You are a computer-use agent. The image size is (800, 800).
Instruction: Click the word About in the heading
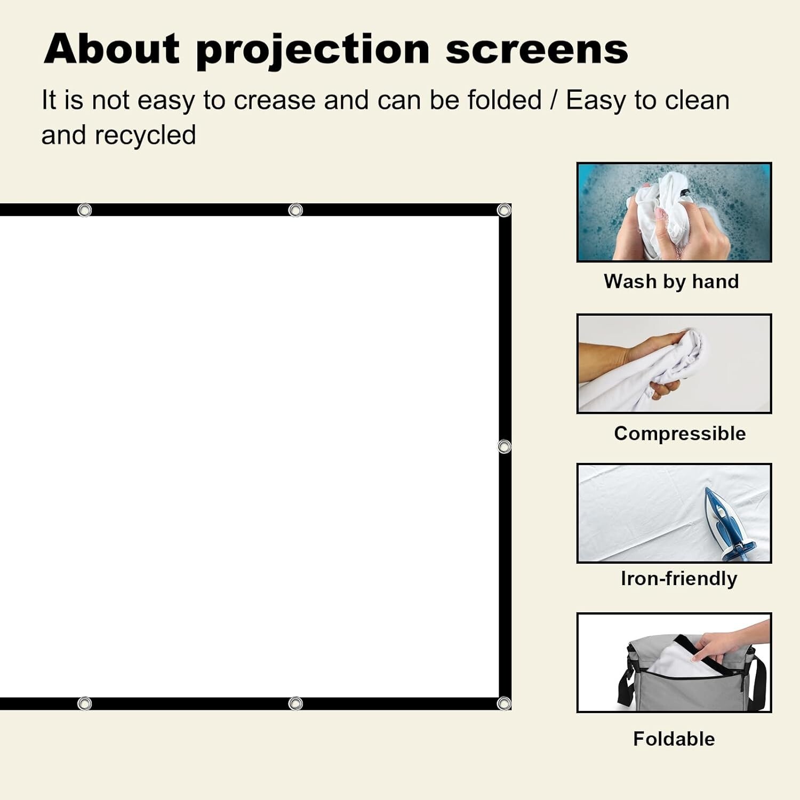113,49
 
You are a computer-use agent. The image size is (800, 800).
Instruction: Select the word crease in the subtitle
275,100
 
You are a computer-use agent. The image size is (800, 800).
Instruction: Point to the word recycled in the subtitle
145,135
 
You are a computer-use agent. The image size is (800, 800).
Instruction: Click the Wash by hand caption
671,281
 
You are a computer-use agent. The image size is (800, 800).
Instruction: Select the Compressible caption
679,433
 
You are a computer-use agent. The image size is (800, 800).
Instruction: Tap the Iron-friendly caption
679,578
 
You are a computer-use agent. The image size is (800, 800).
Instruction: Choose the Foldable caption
674,739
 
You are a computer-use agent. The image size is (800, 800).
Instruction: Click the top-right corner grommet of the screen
504,210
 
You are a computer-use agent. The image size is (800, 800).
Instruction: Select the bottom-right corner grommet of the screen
504,703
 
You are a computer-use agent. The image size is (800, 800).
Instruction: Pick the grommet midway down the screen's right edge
504,446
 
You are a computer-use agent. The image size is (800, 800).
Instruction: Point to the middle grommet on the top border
295,210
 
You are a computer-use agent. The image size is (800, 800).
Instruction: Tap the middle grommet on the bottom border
295,703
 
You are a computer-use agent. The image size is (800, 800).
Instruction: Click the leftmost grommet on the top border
84,210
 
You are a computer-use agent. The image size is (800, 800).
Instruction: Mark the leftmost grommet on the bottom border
84,703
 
